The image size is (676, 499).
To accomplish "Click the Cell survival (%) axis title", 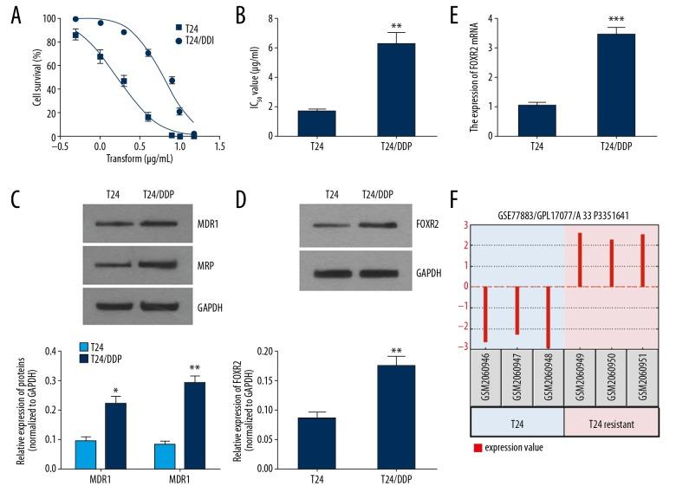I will click(x=36, y=77).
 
